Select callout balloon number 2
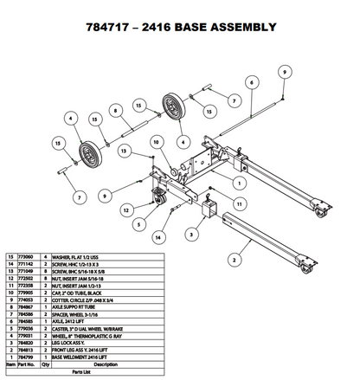click(234, 257)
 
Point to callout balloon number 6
click(250, 81)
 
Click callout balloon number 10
click(157, 142)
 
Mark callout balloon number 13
click(125, 151)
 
